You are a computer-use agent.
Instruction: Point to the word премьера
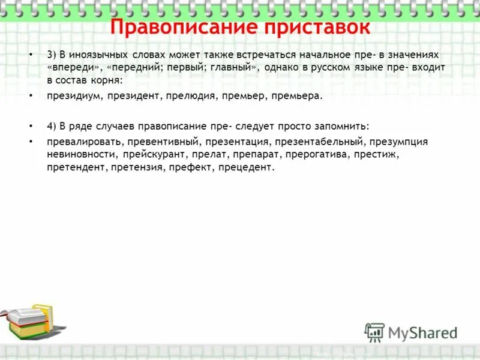pyautogui.click(x=296, y=95)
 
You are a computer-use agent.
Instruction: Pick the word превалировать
pyautogui.click(x=84, y=142)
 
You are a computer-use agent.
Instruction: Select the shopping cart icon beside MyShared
pyautogui.click(x=374, y=332)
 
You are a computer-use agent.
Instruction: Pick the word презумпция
pyautogui.click(x=399, y=142)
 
